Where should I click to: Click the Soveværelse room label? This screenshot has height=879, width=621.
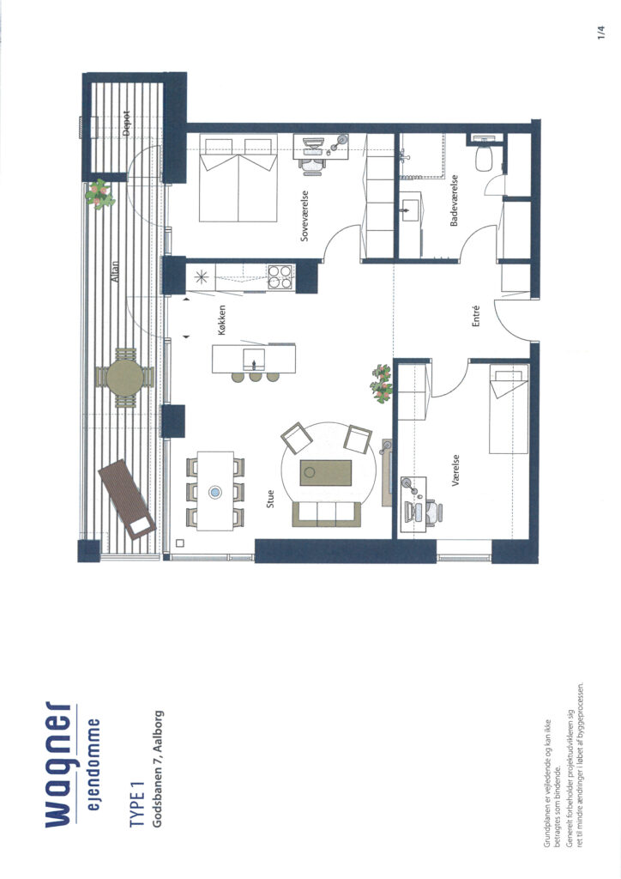click(x=304, y=215)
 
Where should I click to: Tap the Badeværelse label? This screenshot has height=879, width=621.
click(x=454, y=201)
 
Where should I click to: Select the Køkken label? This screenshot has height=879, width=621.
click(x=222, y=320)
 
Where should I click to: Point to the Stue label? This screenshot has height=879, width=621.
click(x=270, y=499)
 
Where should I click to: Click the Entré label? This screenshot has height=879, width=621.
click(x=477, y=316)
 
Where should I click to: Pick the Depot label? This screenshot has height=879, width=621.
click(x=125, y=124)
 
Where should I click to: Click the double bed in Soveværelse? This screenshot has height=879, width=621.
click(x=238, y=178)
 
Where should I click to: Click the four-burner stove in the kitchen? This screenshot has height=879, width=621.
click(x=280, y=276)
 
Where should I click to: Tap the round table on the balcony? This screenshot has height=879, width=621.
click(x=125, y=378)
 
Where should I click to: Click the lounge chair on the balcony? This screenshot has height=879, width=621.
click(x=127, y=499)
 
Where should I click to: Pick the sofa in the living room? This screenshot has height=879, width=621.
click(x=326, y=514)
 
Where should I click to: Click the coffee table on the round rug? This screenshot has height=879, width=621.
click(x=326, y=473)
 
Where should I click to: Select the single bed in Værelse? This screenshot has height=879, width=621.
click(x=509, y=409)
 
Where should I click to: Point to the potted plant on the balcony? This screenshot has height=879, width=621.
click(x=100, y=195)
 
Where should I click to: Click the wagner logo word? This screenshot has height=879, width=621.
click(x=58, y=764)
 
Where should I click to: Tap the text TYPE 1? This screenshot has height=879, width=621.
click(x=137, y=804)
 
